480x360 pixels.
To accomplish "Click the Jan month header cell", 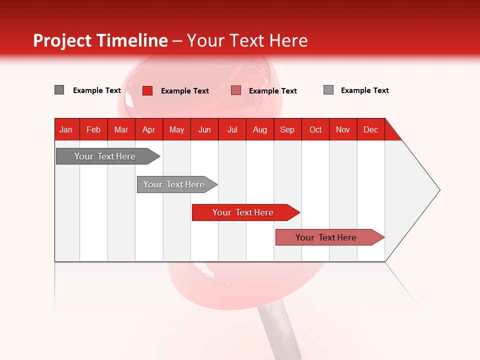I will (66, 130).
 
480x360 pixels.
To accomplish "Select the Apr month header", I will (149, 130).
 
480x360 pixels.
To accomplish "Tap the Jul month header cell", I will (232, 130).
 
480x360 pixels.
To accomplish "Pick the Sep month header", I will (287, 130).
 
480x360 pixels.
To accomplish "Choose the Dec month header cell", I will (371, 130).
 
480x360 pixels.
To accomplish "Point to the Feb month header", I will (93, 130).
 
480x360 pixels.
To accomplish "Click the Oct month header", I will (315, 130).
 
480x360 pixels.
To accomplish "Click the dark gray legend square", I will (59, 90).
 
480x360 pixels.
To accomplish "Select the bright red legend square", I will (147, 90).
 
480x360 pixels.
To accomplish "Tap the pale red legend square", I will (236, 90).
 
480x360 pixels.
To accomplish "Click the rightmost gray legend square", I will (328, 90).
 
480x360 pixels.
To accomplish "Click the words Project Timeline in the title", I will (100, 40).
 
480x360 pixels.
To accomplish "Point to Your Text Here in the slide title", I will (247, 40).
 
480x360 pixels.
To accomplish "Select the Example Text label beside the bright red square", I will (184, 91).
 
